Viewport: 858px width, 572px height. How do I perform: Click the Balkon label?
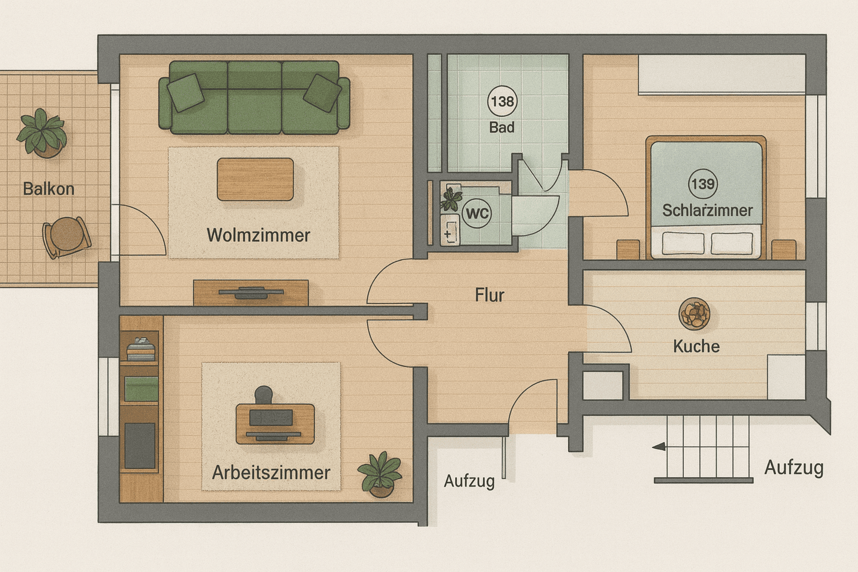pos(49,189)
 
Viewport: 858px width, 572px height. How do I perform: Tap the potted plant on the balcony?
pos(41,134)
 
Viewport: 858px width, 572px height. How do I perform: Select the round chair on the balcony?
pos(66,237)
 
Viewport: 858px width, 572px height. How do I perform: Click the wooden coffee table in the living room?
pos(255,179)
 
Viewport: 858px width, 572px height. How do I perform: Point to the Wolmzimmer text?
pos(258,235)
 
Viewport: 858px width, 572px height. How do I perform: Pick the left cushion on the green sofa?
pos(186,92)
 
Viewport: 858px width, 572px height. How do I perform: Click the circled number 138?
pos(502,102)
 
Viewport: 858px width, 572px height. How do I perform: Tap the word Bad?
pos(502,127)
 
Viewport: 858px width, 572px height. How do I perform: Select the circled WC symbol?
pos(477,213)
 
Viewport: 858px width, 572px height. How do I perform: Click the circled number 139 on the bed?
pos(703,183)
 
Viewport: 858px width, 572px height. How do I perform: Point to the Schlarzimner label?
pos(707,211)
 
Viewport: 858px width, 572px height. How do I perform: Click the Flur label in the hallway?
pos(489,295)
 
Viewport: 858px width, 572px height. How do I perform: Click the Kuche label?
pos(696,346)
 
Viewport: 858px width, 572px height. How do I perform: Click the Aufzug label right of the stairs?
pos(794,467)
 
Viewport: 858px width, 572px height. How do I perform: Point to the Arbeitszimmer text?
pos(271,473)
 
